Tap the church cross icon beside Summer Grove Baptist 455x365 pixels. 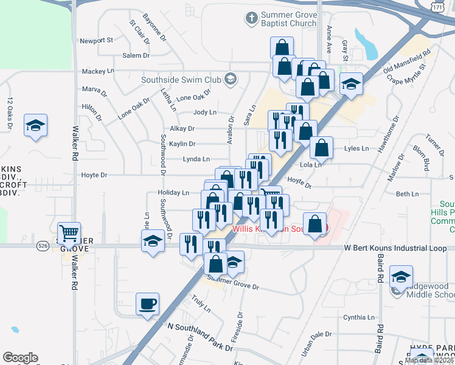pos(251,18)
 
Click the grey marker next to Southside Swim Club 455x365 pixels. pos(231,79)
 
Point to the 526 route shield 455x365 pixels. pos(42,246)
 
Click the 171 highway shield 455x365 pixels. pos(436,5)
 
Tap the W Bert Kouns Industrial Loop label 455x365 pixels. pos(396,248)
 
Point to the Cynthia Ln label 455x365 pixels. pos(359,318)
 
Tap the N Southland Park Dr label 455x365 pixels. pos(201,337)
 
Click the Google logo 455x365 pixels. pos(19,358)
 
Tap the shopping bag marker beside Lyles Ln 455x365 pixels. pos(321,147)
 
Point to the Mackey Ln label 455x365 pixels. pos(98,71)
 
